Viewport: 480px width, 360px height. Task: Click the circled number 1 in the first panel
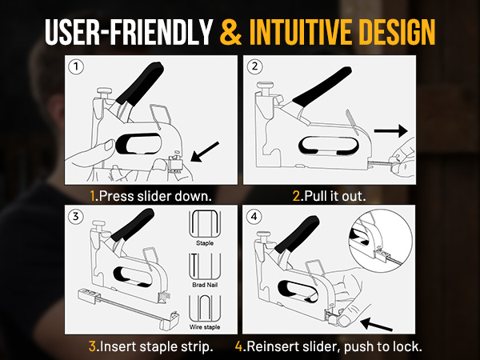[x=76, y=66]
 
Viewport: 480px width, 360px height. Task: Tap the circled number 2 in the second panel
[x=254, y=66]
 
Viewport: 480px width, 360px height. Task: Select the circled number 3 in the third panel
[x=75, y=217]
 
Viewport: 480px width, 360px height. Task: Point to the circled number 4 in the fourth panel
[x=254, y=217]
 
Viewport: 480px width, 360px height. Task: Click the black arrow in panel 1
[x=205, y=151]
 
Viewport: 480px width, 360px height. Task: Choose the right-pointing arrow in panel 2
[x=391, y=131]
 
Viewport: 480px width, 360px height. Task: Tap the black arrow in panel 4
[x=376, y=324]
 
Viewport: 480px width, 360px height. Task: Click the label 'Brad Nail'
[x=205, y=285]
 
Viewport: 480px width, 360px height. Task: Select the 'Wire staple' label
[x=205, y=327]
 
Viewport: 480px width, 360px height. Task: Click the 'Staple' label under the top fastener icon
[x=205, y=243]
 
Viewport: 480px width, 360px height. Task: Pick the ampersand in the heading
[x=231, y=32]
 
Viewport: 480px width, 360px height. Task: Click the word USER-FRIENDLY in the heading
[x=129, y=32]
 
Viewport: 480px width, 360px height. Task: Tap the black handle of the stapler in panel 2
[x=322, y=87]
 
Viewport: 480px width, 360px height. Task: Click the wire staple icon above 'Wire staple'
[x=205, y=309]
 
